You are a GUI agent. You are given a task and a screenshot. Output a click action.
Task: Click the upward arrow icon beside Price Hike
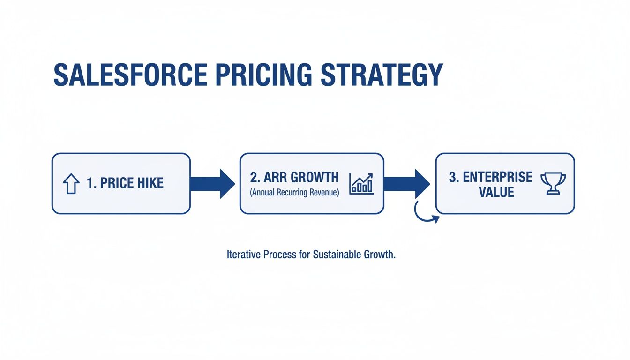click(71, 184)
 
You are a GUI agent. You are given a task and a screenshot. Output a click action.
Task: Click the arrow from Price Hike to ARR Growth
click(213, 183)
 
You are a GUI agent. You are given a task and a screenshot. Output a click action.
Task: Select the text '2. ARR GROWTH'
click(294, 177)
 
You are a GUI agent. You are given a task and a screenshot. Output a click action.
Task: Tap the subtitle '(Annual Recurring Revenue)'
click(294, 192)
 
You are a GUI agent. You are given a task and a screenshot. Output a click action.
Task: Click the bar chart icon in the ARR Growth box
click(361, 183)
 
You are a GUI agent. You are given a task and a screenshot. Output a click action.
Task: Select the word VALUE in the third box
click(496, 192)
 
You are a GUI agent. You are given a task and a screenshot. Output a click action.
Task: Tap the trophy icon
click(553, 183)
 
